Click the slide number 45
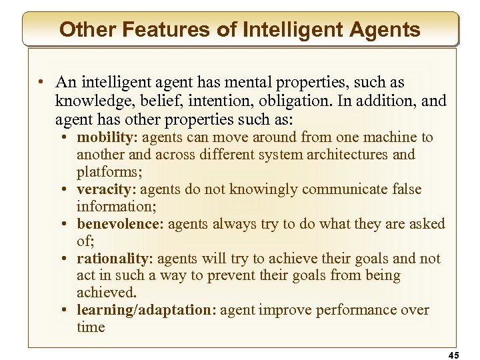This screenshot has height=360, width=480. pos(453,355)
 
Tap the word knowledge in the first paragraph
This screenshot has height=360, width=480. pos(93,101)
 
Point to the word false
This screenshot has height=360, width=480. pos(402,189)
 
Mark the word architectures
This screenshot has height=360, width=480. pos(356,155)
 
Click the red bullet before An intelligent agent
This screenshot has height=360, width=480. pos(41,83)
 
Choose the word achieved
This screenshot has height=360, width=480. pos(106,293)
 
